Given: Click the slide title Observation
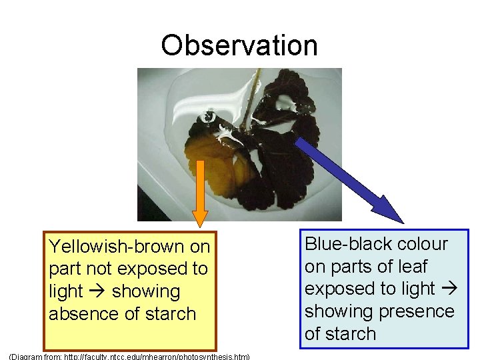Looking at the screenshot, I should tap(239, 45).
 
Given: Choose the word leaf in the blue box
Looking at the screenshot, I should tap(412, 267).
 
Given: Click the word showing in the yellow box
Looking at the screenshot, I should tap(147, 291).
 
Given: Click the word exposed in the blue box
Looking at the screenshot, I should tap(342, 289).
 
